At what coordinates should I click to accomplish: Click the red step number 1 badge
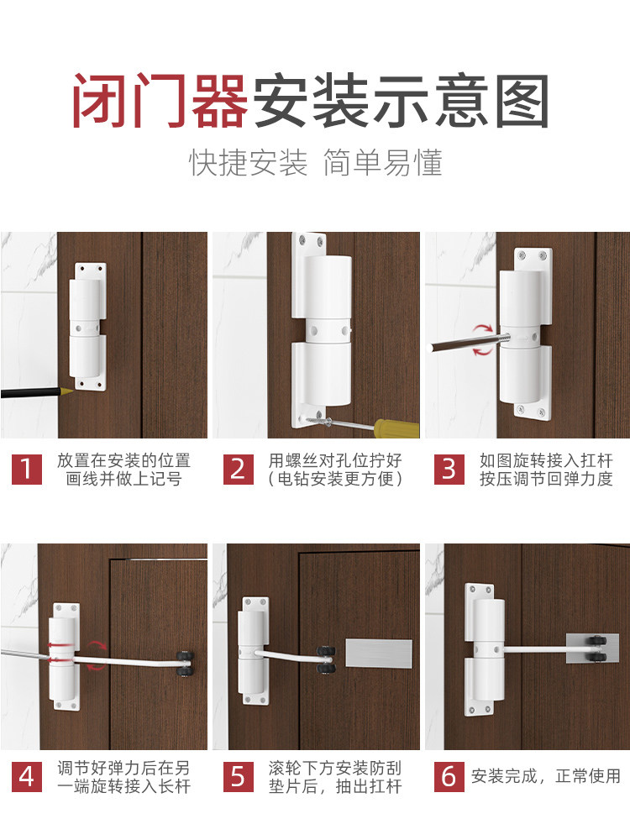click(27, 470)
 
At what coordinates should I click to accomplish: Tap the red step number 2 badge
click(239, 470)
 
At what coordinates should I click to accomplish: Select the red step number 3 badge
click(449, 470)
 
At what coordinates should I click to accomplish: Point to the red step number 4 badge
click(27, 777)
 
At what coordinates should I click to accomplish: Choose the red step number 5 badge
click(239, 777)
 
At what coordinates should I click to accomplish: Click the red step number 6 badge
click(449, 777)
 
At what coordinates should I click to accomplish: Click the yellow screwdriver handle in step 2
click(397, 429)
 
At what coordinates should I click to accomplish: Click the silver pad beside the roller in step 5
click(379, 654)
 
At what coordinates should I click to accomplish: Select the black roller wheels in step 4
click(184, 664)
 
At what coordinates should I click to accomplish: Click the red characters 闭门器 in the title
click(160, 101)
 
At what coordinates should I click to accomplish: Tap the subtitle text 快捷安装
click(249, 162)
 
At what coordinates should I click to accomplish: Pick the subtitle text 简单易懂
click(383, 162)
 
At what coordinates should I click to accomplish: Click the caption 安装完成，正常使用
click(546, 776)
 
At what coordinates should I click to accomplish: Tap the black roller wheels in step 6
click(596, 648)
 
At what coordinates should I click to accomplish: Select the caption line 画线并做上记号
click(123, 479)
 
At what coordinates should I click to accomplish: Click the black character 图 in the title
click(522, 101)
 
